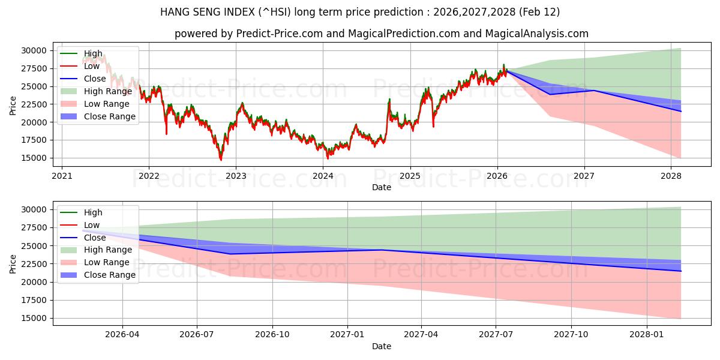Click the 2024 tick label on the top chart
[x=323, y=176]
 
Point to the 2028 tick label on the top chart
[x=671, y=176]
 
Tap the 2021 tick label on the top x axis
[x=62, y=176]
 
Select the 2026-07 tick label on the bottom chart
[x=197, y=335]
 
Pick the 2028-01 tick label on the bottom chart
[x=647, y=335]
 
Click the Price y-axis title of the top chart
[x=13, y=106]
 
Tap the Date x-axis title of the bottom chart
[x=382, y=346]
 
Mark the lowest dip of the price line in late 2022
[x=221, y=160]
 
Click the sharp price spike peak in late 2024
[x=389, y=99]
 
